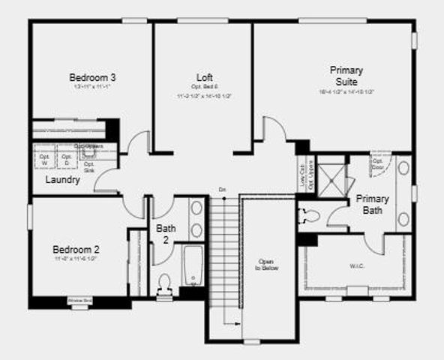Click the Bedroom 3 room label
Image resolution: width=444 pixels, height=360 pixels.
click(x=91, y=77)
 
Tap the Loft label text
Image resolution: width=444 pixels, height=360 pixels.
click(x=204, y=77)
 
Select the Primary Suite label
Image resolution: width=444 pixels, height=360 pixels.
click(x=346, y=76)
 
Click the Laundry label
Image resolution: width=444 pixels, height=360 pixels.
click(x=62, y=180)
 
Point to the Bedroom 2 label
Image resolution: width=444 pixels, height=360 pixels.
click(x=76, y=250)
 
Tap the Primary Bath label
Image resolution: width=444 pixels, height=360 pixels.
click(x=372, y=204)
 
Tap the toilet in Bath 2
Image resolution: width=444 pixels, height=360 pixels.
click(x=166, y=283)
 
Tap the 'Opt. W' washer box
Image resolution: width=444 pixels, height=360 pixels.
click(x=43, y=160)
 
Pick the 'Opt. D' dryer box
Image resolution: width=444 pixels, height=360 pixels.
click(x=66, y=160)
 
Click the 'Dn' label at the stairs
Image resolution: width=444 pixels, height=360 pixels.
click(x=222, y=188)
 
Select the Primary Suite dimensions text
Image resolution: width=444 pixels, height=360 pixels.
click(x=346, y=91)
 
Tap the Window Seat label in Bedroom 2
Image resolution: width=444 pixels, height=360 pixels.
click(x=79, y=301)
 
